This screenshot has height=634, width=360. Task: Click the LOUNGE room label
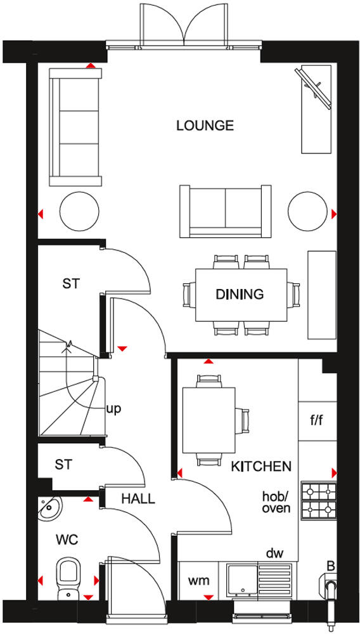pyautogui.click(x=205, y=126)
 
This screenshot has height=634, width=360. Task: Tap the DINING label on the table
pyautogui.click(x=240, y=294)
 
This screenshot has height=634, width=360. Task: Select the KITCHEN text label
pyautogui.click(x=261, y=467)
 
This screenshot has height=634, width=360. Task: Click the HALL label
pyautogui.click(x=138, y=499)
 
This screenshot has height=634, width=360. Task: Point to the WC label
pyautogui.click(x=67, y=540)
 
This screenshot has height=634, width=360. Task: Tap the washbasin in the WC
pyautogui.click(x=48, y=508)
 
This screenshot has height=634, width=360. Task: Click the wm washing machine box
pyautogui.click(x=196, y=580)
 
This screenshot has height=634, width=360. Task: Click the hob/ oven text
pyautogui.click(x=276, y=501)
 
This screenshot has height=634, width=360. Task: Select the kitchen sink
pyautogui.click(x=243, y=579)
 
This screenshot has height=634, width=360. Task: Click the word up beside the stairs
pyautogui.click(x=113, y=408)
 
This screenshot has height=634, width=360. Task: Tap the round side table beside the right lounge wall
pyautogui.click(x=307, y=214)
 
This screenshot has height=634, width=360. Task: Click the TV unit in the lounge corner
pyautogui.click(x=316, y=108)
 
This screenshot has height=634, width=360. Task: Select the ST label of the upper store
pyautogui.click(x=71, y=283)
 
